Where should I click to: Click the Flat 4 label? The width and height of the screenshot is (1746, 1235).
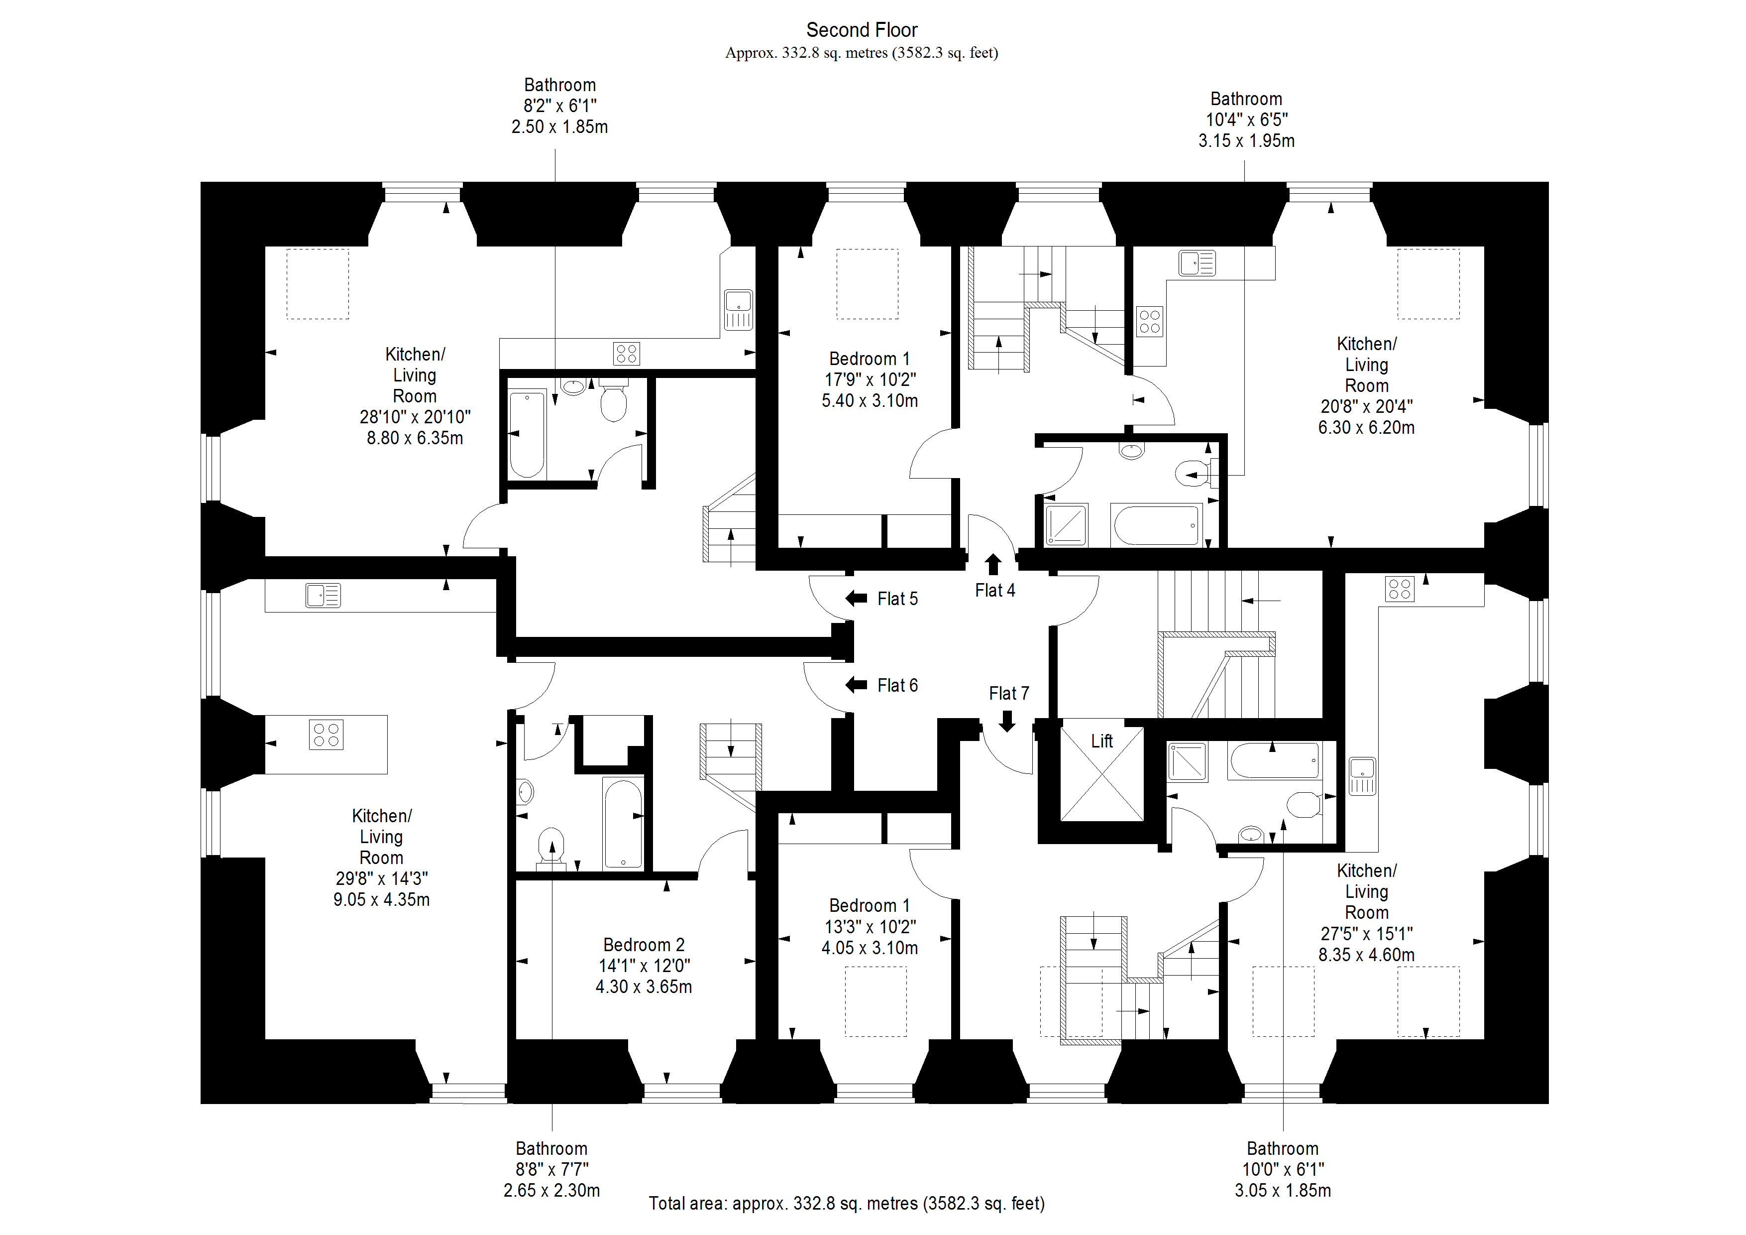coord(994,591)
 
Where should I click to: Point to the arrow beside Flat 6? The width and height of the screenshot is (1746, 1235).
coord(856,685)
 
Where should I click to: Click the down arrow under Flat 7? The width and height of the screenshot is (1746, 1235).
coord(1007,721)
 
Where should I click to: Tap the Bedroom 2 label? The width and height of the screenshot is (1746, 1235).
coord(644,945)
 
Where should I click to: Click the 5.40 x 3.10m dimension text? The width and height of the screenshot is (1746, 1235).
coord(869,401)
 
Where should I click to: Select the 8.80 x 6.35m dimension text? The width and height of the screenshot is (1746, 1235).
coord(415,438)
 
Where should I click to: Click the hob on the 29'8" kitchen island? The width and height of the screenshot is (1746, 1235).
coord(326,735)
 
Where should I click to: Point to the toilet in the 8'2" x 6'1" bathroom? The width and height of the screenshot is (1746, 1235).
coord(613,402)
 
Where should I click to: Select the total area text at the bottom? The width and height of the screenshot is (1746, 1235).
coord(847,1204)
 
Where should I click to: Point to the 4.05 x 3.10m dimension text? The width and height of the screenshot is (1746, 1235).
coord(869,948)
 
